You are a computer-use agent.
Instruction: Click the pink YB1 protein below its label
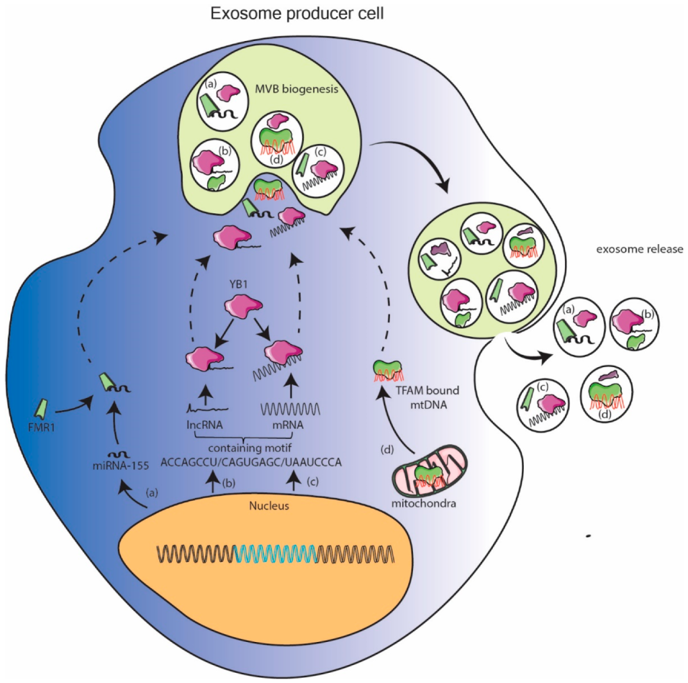click(x=239, y=305)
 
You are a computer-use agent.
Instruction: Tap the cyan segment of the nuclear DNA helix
click(x=276, y=553)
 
